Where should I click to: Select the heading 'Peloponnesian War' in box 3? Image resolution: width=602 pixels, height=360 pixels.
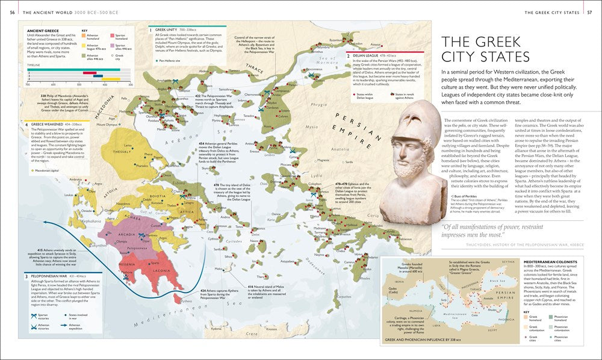pos(49,276)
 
